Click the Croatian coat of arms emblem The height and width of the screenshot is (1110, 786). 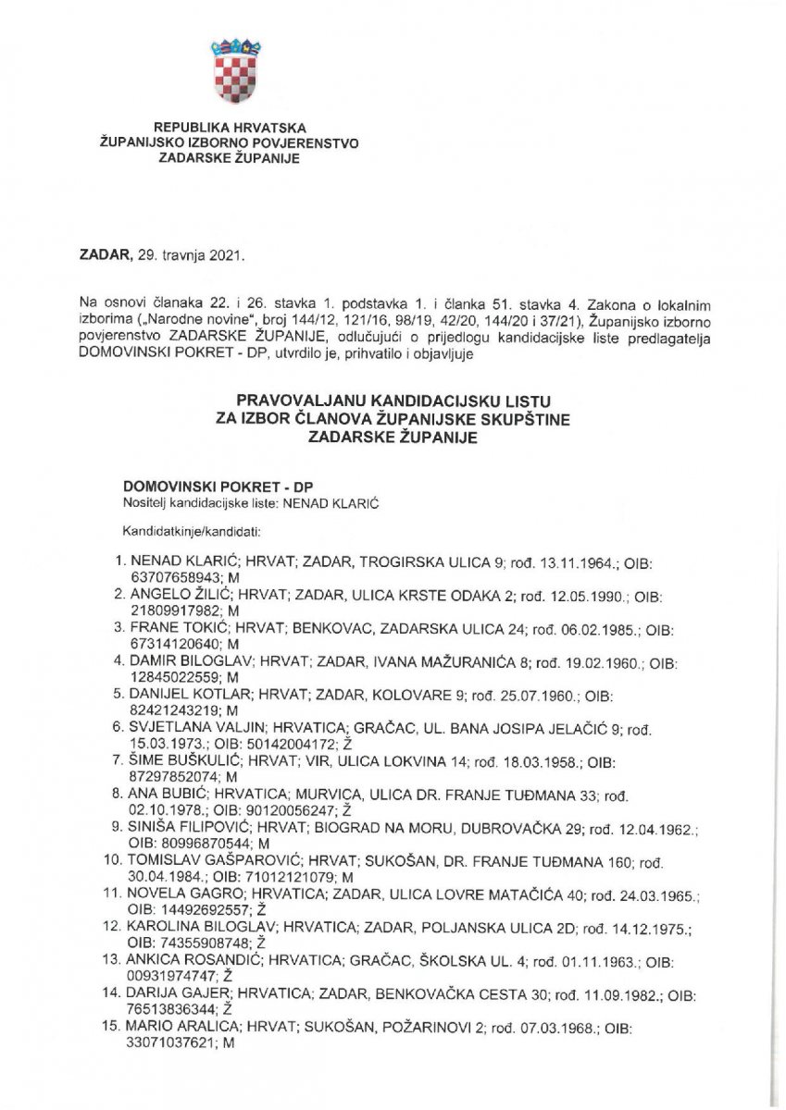click(235, 72)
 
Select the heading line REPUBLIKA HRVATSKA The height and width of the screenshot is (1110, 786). click(230, 128)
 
